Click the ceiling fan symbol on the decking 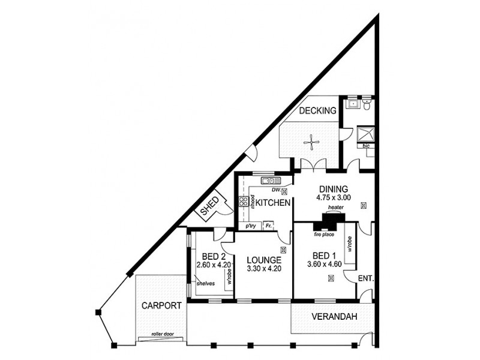311,142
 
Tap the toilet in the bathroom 367,105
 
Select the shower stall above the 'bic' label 365,134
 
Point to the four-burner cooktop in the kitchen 244,202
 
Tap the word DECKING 316,110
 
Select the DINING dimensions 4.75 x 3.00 333,197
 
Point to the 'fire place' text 323,235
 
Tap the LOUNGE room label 264,260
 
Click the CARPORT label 161,305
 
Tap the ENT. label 365,279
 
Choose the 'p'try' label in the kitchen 251,226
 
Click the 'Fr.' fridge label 269,226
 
